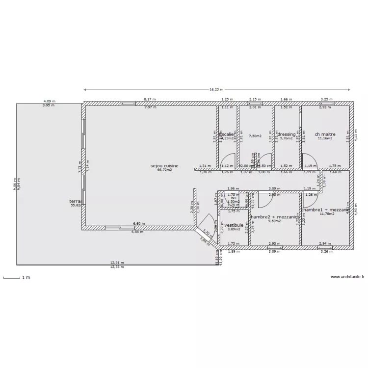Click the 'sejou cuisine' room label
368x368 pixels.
(164, 166)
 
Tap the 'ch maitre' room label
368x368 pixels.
(325, 134)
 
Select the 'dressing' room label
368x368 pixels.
(287, 134)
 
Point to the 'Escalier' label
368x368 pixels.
(227, 134)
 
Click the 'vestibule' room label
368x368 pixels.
(234, 225)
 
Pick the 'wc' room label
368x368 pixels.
(234, 198)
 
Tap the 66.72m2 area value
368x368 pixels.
(164, 170)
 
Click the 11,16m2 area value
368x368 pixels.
(325, 138)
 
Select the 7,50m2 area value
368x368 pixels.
(255, 136)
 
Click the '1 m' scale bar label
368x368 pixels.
(26, 278)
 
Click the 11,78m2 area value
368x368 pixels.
(326, 213)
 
